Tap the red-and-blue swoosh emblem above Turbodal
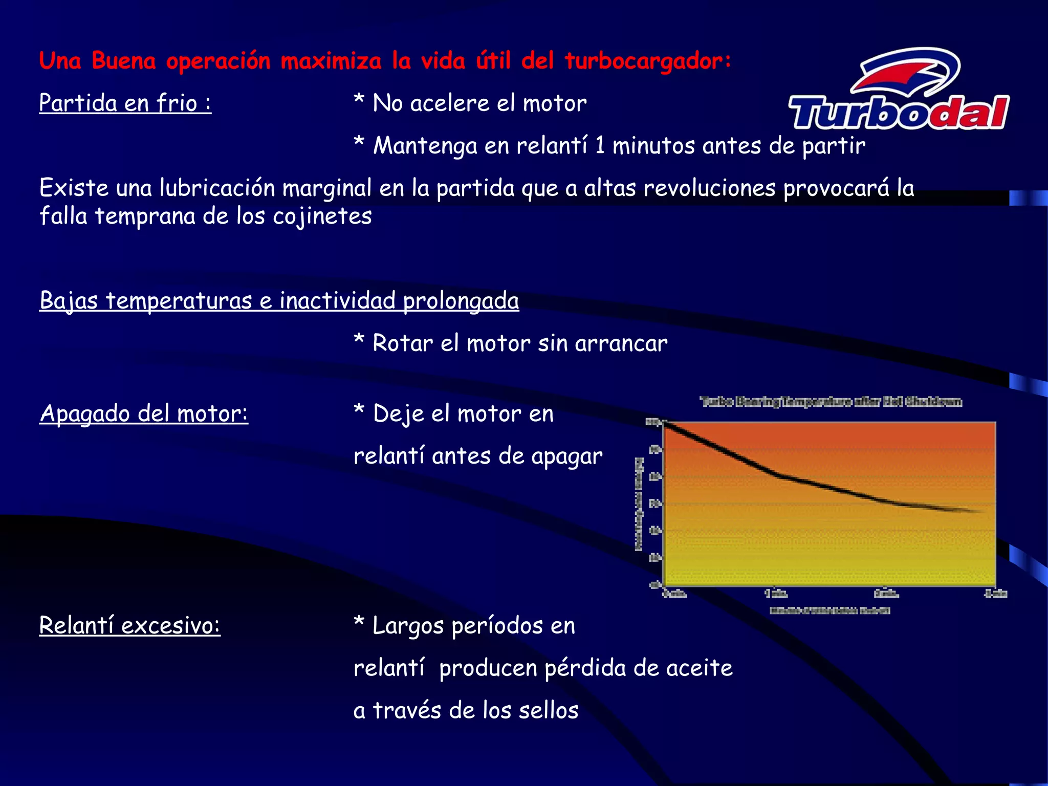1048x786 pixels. pos(906,72)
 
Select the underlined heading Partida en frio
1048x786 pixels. pos(125,103)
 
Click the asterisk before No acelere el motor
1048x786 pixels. pos(359,101)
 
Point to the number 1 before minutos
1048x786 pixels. pos(600,146)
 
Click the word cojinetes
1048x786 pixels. pos(322,216)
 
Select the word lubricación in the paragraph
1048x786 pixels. pos(217,188)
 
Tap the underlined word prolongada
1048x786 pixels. pos(461,301)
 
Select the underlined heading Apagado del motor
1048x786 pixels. pos(144,413)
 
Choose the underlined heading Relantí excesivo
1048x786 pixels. pos(129,625)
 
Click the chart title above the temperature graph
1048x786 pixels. pos(831,402)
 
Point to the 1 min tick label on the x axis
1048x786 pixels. pos(776,594)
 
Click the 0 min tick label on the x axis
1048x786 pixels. pos(674,594)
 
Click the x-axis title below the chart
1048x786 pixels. pos(829,610)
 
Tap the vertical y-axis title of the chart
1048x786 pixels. pos(639,505)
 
